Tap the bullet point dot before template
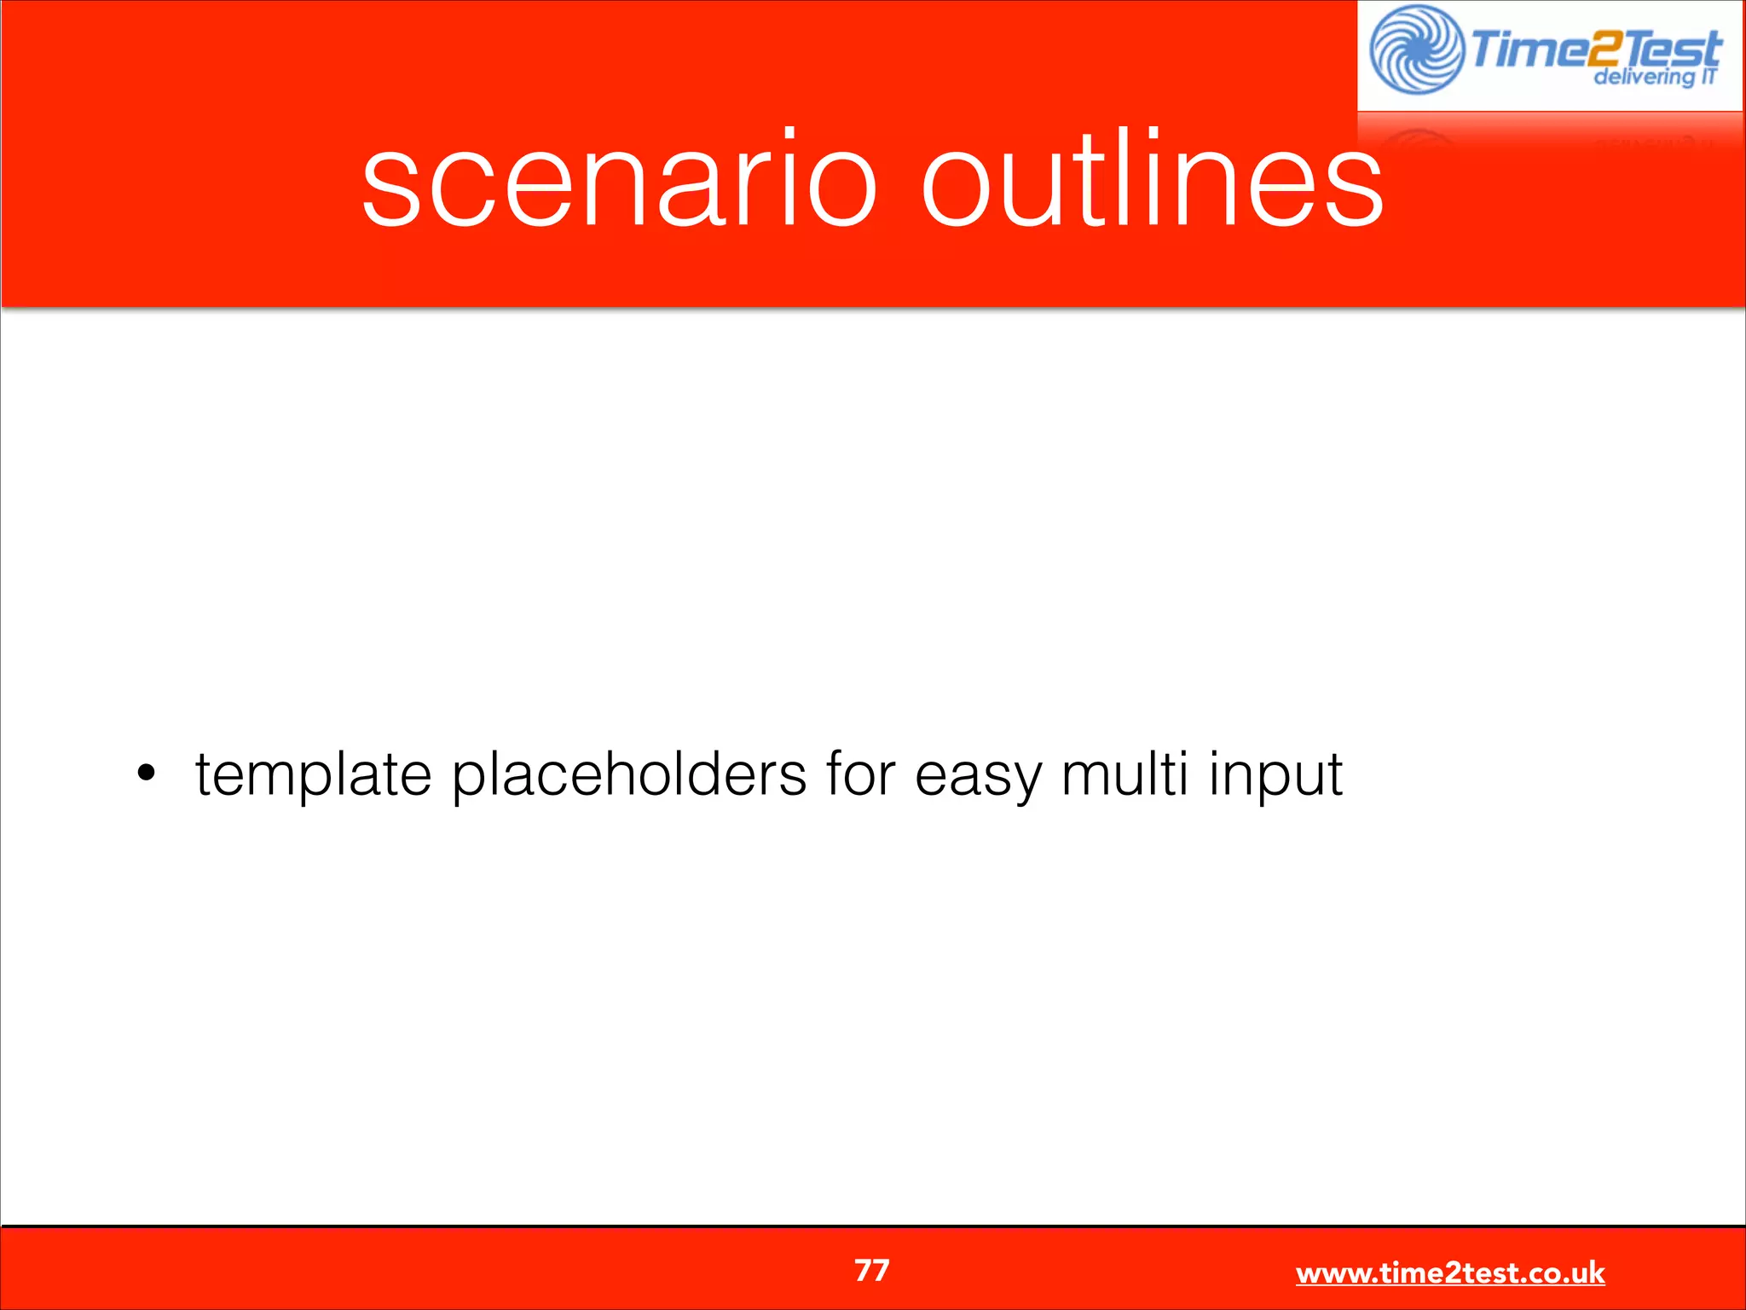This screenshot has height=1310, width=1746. click(147, 774)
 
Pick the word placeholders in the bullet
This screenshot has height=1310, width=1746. click(628, 774)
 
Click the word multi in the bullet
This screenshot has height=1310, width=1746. click(1124, 774)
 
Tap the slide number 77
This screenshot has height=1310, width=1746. click(872, 1270)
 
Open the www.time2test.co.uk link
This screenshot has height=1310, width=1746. click(1449, 1272)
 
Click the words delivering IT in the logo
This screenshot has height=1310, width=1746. click(1654, 77)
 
